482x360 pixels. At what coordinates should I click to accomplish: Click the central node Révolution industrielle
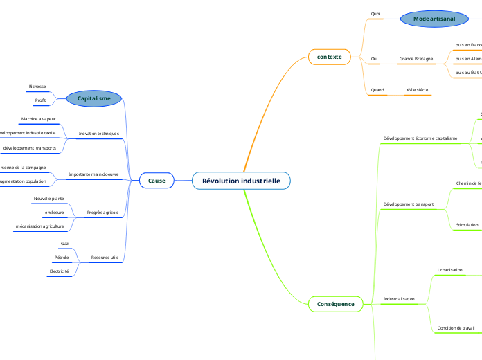point(241,181)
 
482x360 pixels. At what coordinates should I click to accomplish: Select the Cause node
point(157,181)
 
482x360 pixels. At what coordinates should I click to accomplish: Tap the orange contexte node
point(330,56)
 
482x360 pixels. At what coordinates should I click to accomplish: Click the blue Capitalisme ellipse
point(93,98)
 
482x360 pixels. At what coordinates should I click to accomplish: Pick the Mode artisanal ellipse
point(434,19)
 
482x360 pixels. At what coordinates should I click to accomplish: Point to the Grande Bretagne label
point(416,59)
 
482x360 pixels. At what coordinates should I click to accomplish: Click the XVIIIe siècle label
point(417,90)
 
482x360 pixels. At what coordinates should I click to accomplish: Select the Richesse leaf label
point(37,87)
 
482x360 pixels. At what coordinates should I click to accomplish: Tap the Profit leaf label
point(40,100)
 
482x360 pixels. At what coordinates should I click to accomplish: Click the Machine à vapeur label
point(38,119)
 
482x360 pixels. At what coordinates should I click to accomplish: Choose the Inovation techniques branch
point(99,133)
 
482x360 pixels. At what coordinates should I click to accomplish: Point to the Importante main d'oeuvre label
point(93,174)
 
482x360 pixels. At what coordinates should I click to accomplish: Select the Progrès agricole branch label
point(102,212)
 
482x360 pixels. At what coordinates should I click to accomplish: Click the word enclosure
point(54,212)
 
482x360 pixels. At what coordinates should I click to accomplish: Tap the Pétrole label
point(61,258)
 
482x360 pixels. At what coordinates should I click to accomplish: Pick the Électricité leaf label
point(59,271)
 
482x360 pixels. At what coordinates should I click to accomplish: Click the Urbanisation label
point(450,269)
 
